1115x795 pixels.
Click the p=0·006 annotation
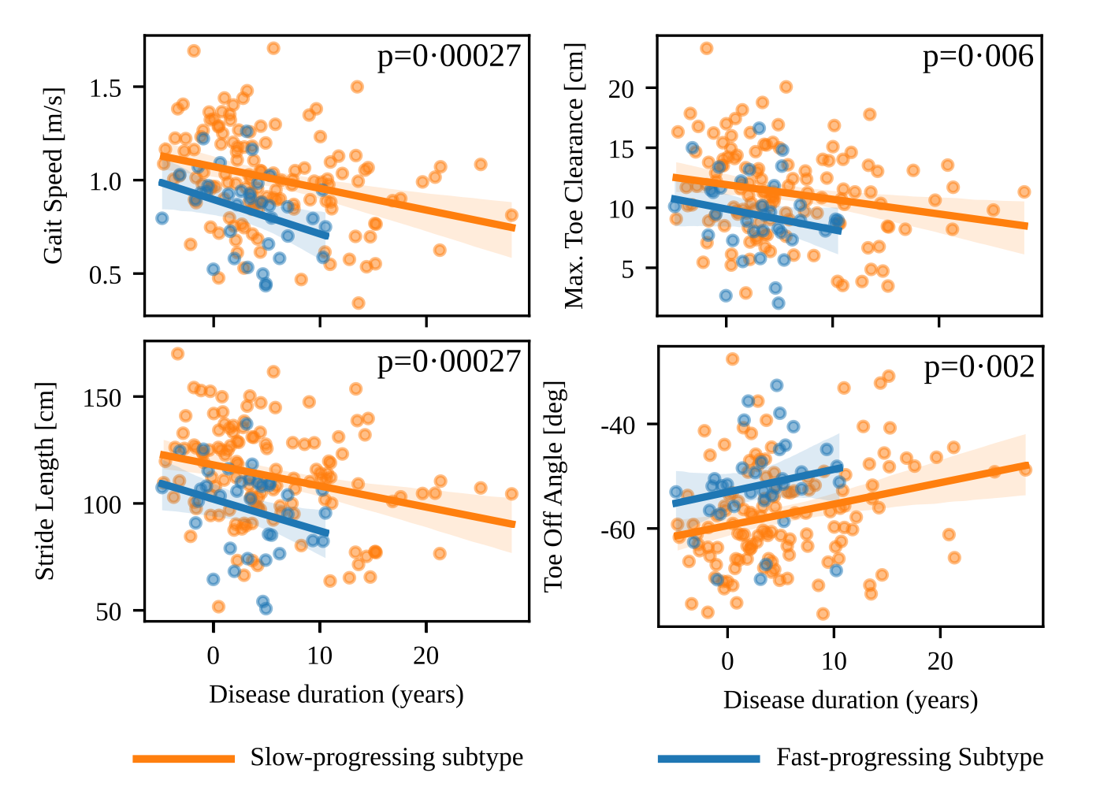click(978, 57)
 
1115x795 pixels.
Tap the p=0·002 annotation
click(979, 367)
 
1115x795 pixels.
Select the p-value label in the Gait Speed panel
click(449, 57)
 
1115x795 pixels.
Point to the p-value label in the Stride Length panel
click(449, 362)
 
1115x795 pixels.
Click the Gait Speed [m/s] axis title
click(53, 176)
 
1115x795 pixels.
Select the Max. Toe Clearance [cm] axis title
click(574, 176)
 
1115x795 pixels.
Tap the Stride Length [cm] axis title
click(46, 481)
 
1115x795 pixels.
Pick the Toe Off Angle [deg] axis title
click(554, 486)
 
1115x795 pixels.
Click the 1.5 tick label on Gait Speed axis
click(105, 88)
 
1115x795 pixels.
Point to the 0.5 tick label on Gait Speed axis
click(105, 275)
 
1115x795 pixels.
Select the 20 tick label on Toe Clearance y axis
click(621, 89)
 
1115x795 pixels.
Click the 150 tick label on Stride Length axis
click(102, 398)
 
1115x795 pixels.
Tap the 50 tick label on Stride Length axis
click(109, 612)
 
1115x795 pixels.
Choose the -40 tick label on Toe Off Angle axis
click(618, 426)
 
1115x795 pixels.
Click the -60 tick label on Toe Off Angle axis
click(618, 529)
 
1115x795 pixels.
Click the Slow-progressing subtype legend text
click(387, 757)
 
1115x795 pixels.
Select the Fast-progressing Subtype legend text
click(909, 757)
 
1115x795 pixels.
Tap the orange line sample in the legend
click(184, 759)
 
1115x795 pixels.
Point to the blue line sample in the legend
click(708, 759)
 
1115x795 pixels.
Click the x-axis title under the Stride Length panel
click(336, 694)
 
